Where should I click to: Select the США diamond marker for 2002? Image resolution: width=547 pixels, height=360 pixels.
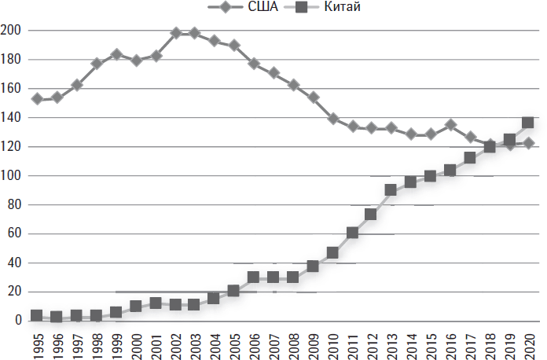[175, 33]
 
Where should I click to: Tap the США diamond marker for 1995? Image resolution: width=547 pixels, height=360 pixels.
[36, 99]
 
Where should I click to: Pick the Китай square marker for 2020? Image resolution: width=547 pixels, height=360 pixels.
[528, 123]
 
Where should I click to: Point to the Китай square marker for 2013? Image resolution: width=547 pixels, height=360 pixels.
[391, 190]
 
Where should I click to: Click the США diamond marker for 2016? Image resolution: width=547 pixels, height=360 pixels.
[450, 125]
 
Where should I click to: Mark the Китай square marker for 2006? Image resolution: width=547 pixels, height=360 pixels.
[253, 277]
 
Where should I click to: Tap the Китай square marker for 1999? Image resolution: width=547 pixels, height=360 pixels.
[116, 312]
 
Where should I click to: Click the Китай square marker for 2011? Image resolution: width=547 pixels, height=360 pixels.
[351, 233]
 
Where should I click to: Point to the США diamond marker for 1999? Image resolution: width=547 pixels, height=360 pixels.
[116, 55]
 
